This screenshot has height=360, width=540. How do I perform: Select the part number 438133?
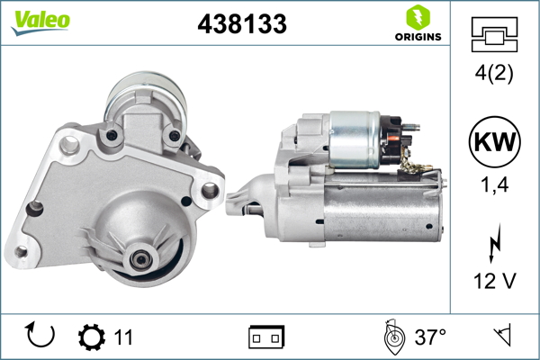[242, 25]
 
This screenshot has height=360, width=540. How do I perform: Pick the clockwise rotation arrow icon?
[41, 337]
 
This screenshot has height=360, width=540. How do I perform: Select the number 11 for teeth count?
[123, 337]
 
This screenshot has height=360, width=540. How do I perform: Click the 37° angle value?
[430, 337]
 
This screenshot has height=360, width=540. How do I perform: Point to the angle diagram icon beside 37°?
[391, 337]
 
